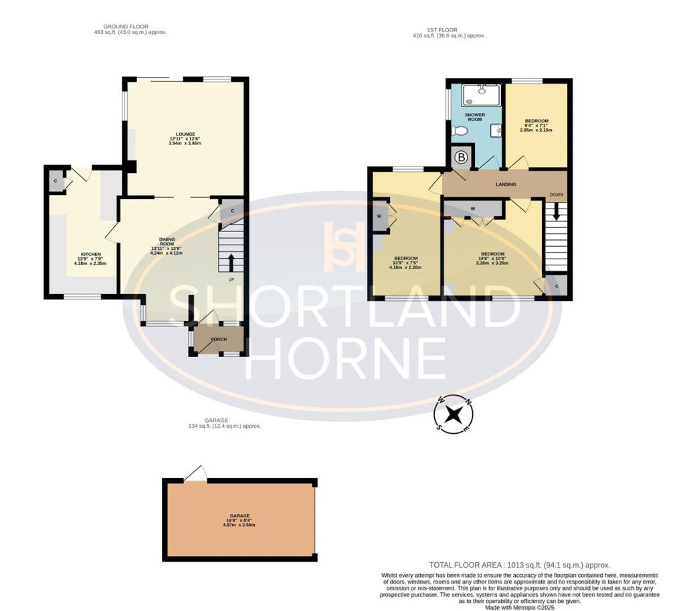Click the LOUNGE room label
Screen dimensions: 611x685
(x=181, y=134)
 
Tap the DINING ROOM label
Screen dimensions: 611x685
(x=167, y=239)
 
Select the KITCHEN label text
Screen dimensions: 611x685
(x=91, y=254)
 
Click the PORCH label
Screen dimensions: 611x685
(x=219, y=339)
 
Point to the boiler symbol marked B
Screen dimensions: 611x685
(x=462, y=158)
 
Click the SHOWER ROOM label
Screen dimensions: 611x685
(x=474, y=118)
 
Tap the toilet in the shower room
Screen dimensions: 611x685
(x=459, y=131)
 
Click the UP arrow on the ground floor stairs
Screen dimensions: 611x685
(x=231, y=260)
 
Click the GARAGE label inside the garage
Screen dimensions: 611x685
(x=239, y=515)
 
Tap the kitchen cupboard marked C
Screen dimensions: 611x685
(x=56, y=181)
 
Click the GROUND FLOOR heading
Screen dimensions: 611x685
(x=130, y=27)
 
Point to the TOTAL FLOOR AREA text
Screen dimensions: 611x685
(x=519, y=565)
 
